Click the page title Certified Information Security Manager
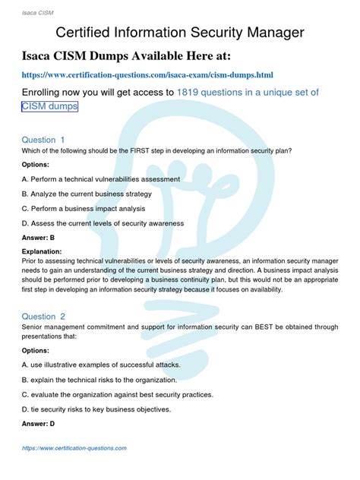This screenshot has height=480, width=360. pos(180,32)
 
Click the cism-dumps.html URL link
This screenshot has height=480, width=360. pos(147,75)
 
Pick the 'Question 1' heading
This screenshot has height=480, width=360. pos(43,140)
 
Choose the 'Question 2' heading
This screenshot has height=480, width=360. pos(43,316)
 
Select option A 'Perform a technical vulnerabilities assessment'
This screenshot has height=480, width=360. pos(100,179)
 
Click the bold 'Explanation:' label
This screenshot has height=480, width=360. pos(42,251)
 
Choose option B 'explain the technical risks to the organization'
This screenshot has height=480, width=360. pos(99,379)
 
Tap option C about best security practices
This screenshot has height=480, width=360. pos(117,394)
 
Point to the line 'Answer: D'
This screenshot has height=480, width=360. pos(38,424)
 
